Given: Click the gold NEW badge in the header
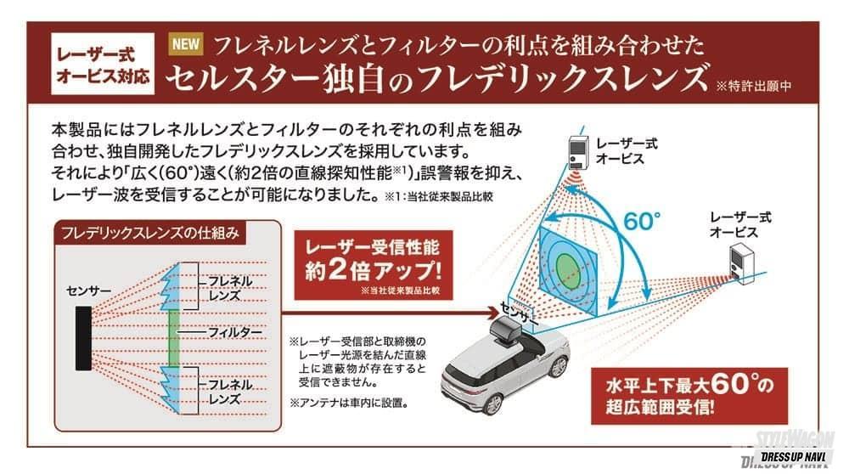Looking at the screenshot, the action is pos(186,44).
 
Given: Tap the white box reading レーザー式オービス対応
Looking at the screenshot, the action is pos(103,64).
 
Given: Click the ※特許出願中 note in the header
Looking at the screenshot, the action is pos(754,86).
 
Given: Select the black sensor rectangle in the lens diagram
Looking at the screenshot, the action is pos(83,338).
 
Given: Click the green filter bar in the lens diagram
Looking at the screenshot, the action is pos(173,337).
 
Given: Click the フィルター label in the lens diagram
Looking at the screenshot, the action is pos(235,331).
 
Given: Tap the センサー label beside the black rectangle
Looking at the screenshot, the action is pos(88,291).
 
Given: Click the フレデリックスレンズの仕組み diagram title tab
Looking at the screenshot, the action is pos(149,233).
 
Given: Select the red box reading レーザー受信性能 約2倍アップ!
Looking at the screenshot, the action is pos(373,265).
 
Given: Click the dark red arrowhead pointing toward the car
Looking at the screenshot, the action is pos(492,313).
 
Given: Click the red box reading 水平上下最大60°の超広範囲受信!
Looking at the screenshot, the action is pos(689,396).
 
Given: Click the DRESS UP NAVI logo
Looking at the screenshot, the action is pos(793,458).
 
